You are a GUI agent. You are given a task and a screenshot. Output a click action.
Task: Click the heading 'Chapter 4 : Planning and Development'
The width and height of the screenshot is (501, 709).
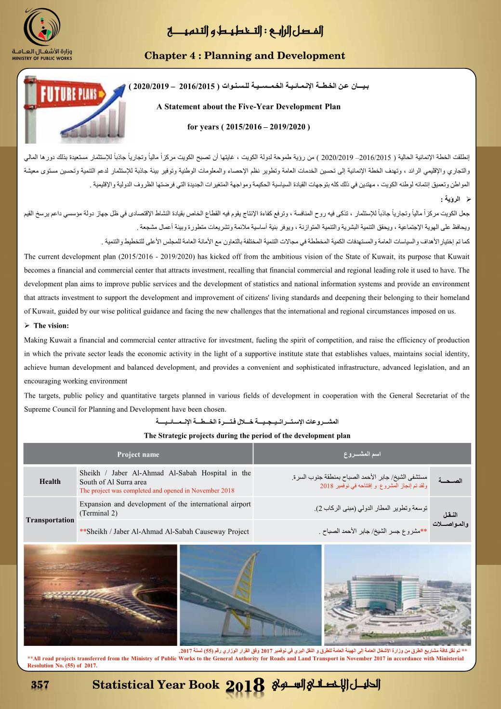(x=245, y=56)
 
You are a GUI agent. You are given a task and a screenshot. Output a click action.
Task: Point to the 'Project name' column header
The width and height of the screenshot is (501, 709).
(x=138, y=455)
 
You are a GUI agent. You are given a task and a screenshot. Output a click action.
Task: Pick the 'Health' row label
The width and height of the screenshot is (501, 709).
(x=50, y=482)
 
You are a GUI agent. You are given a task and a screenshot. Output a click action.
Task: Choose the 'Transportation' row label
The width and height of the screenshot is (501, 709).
(x=50, y=520)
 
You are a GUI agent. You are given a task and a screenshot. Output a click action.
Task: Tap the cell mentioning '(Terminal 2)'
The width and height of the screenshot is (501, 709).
(x=165, y=508)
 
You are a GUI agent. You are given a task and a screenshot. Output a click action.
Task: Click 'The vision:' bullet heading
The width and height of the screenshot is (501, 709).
(x=51, y=326)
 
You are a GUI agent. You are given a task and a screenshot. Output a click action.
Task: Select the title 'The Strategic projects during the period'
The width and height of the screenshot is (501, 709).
(x=247, y=436)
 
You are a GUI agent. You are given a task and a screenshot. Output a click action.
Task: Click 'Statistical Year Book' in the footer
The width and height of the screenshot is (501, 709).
(x=156, y=684)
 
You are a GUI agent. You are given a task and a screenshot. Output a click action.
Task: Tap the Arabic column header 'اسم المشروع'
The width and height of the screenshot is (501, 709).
(x=362, y=455)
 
